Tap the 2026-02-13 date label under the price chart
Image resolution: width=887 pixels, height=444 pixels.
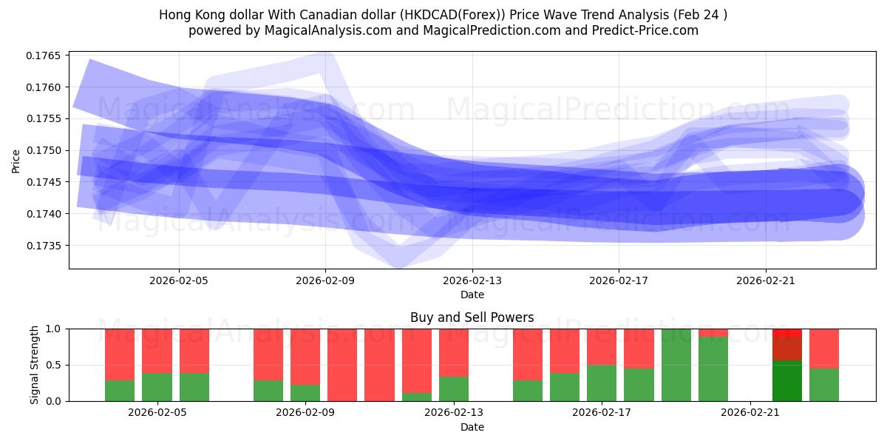click(472, 281)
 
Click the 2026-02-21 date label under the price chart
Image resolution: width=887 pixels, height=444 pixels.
click(765, 281)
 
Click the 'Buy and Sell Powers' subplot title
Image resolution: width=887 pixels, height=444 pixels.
click(472, 317)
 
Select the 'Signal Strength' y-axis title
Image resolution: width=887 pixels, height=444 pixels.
click(35, 364)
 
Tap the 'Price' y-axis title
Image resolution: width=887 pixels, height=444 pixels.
click(16, 161)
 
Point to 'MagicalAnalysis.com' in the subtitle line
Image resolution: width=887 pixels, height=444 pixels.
click(306, 30)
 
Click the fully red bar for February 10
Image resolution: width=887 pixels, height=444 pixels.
click(379, 364)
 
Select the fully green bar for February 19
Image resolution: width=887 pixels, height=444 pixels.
click(676, 364)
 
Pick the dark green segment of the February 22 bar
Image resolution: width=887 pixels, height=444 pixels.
click(787, 380)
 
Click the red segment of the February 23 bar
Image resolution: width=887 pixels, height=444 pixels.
click(824, 348)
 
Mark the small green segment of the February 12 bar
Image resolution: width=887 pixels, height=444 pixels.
click(417, 397)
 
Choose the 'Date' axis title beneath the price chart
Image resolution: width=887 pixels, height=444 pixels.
click(472, 295)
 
